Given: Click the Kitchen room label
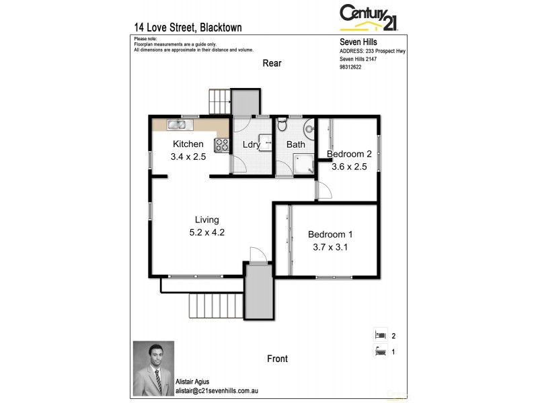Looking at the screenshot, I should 188,144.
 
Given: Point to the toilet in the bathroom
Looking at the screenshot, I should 282,125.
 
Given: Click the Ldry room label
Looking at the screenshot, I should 252,144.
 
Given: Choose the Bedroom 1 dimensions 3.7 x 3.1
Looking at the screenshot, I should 330,247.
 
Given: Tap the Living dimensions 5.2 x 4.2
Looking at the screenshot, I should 206,233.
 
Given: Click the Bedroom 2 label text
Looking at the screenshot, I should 349,154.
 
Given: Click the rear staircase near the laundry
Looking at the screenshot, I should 219,101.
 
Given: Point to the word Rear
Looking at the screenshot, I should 272,64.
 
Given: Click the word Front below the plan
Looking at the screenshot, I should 277,359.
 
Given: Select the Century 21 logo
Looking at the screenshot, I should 368,17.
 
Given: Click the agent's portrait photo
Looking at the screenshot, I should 153,369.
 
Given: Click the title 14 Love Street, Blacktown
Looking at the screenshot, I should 188,28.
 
